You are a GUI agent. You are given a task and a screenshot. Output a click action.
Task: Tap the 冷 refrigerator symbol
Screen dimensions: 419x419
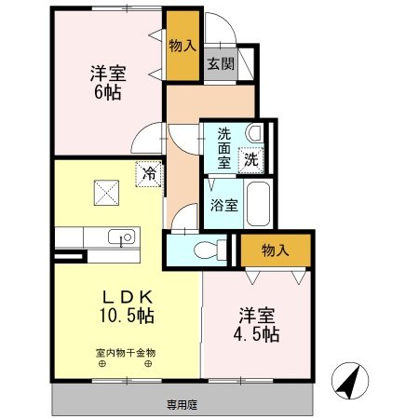coord(148,172)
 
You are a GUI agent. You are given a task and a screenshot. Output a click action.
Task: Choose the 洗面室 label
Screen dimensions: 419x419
coord(223,146)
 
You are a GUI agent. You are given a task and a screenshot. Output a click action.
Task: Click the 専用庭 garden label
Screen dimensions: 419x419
coord(183,404)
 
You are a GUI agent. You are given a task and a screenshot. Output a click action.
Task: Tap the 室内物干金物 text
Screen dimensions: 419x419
coord(126,353)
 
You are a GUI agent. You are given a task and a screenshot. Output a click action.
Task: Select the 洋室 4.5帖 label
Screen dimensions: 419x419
coord(256,323)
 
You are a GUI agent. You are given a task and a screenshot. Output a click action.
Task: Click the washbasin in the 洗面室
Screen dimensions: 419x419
coord(253,132)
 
